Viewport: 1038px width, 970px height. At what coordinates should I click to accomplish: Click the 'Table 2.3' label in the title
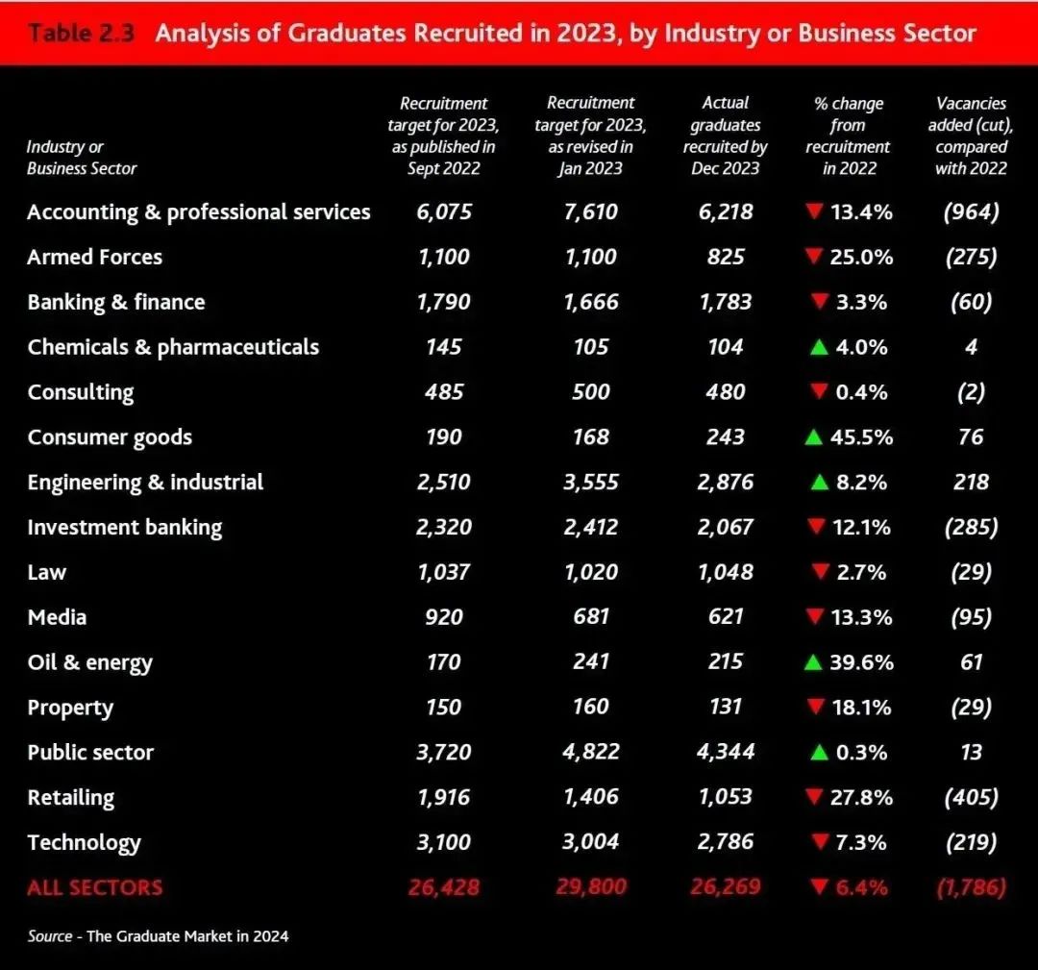tap(81, 34)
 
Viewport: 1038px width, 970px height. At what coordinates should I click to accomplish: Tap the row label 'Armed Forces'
tap(94, 258)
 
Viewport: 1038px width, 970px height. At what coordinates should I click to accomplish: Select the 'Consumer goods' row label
tap(110, 437)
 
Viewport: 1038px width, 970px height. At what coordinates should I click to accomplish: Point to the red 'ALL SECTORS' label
tap(94, 887)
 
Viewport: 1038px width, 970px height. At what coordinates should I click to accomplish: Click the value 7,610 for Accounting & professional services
tap(590, 211)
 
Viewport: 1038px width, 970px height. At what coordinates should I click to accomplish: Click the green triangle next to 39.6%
tap(814, 662)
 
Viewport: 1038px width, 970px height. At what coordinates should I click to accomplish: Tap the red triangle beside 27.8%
tap(816, 797)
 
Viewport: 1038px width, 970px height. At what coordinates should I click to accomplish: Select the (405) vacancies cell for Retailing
tap(971, 797)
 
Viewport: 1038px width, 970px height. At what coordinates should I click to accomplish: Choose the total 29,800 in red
tap(591, 887)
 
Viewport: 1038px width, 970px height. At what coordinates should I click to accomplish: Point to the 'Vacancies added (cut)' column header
tap(971, 136)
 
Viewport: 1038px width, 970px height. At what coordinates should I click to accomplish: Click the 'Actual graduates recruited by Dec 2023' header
tap(726, 136)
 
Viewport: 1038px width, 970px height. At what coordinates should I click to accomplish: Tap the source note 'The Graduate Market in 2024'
tap(187, 935)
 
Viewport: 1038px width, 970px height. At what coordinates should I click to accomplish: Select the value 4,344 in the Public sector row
tap(726, 752)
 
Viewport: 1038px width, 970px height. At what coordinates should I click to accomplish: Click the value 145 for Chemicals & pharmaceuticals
tap(444, 347)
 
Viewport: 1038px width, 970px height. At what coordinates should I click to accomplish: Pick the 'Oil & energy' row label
tap(89, 663)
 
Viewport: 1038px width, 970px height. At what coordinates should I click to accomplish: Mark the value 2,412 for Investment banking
tap(590, 527)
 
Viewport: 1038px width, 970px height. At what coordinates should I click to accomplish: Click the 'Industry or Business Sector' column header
tap(82, 158)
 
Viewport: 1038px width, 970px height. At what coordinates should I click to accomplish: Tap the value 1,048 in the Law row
tap(726, 572)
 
